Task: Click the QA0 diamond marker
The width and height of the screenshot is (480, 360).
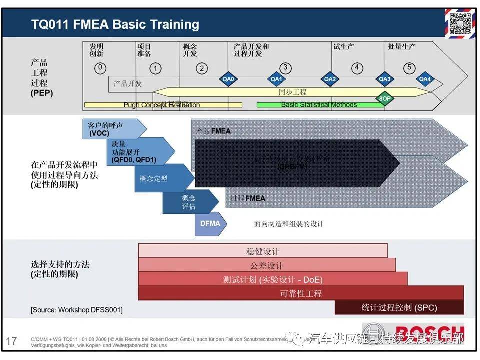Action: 228,79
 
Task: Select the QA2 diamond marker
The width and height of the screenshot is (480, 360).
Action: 330,79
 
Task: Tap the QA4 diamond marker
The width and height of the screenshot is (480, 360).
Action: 425,79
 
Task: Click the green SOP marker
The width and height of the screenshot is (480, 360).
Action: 385,98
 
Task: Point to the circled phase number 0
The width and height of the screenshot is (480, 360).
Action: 100,68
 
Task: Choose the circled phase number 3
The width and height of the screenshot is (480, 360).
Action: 285,68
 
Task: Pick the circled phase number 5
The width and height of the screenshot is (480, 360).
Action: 409,68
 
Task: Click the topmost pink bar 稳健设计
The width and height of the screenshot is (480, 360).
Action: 263,251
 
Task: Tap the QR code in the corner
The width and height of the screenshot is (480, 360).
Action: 458,22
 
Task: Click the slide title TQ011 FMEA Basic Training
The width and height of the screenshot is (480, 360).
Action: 115,24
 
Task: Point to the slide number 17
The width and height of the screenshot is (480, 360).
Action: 11,341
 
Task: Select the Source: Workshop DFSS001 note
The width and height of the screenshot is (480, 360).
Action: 77,310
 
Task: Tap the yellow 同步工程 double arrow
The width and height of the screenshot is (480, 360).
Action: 292,92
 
